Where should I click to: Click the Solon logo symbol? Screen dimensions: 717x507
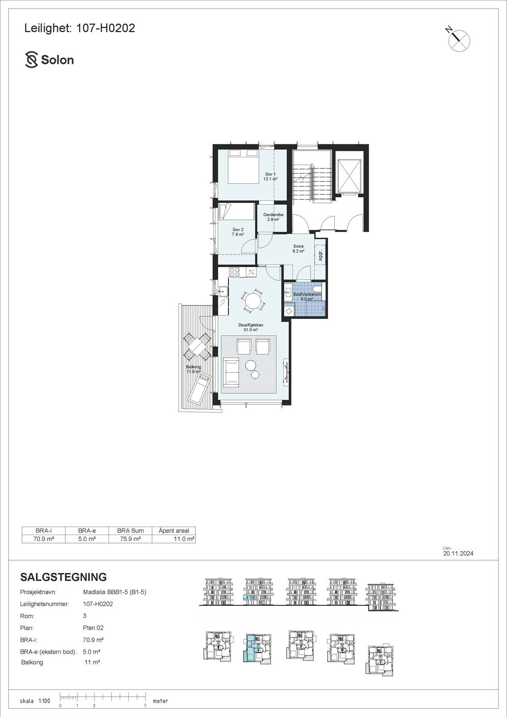[31, 60]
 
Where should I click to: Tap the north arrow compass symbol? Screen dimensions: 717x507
[459, 40]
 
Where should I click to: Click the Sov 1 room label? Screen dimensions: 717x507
[270, 176]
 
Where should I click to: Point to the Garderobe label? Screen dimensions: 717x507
[273, 217]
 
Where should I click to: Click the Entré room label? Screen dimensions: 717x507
[299, 249]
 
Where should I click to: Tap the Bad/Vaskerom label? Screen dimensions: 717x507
[307, 296]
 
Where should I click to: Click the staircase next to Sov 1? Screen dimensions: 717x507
[312, 181]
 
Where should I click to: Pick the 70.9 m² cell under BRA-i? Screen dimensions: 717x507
[43, 539]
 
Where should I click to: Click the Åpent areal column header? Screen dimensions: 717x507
[174, 531]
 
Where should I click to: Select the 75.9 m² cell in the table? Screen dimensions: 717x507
[130, 539]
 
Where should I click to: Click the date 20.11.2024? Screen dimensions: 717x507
[458, 553]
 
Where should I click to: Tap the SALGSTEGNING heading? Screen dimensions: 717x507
[64, 577]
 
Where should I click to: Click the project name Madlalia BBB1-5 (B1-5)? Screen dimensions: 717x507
[115, 592]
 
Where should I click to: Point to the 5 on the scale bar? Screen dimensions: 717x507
[145, 705]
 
